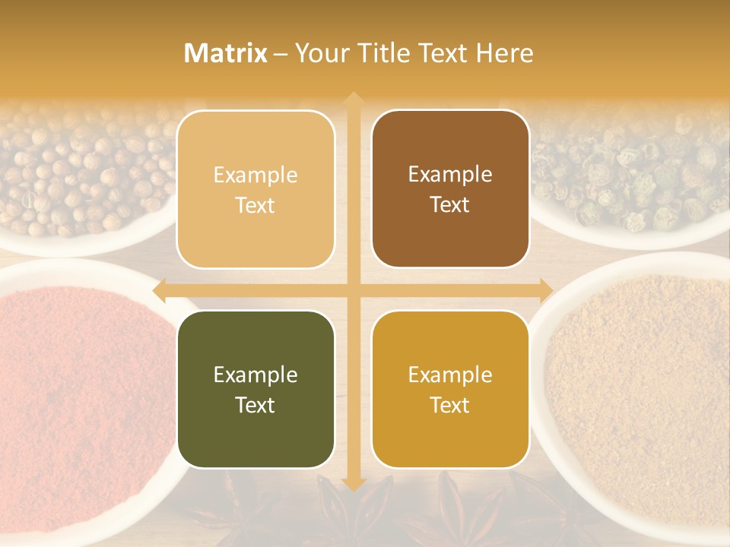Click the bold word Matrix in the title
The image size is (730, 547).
[x=226, y=53]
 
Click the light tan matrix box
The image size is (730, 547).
[x=255, y=189]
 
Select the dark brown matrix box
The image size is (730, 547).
[x=450, y=189]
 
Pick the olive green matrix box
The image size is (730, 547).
[x=255, y=389]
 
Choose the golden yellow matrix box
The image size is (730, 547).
[x=450, y=389]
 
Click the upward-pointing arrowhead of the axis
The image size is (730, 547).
[x=353, y=98]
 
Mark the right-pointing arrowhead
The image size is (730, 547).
[x=545, y=290]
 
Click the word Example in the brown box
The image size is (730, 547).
[x=450, y=174]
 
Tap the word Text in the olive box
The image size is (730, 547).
[x=255, y=405]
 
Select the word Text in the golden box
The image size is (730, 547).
[x=450, y=405]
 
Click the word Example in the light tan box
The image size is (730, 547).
[x=255, y=175]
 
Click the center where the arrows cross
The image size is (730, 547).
[x=353, y=290]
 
